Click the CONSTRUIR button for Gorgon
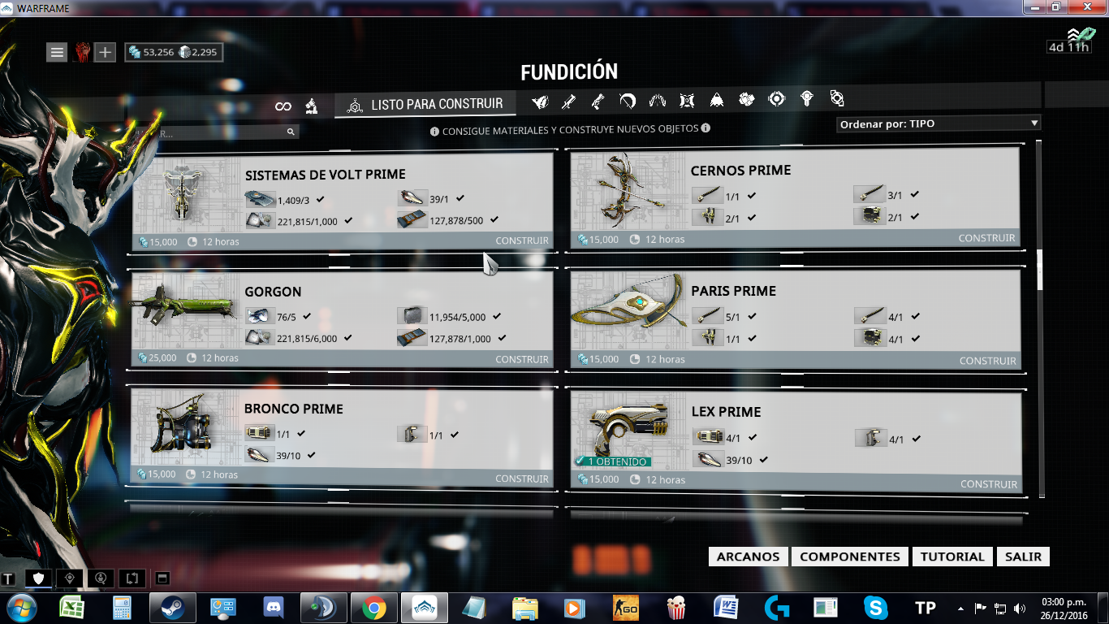[522, 359]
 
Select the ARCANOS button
[748, 557]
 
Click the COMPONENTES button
[849, 557]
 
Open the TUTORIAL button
[952, 557]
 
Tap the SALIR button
[1023, 557]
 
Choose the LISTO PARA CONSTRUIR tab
[425, 105]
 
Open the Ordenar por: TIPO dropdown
[939, 124]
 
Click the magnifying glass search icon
[291, 132]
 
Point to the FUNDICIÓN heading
[569, 71]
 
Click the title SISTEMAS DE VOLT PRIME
[326, 175]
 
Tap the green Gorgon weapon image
[182, 304]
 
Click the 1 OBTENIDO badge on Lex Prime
[612, 461]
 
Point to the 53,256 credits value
[158, 52]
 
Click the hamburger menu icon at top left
[57, 52]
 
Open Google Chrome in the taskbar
[373, 608]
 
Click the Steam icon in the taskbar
[172, 608]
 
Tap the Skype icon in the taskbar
[875, 608]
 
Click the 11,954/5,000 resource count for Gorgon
[457, 317]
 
